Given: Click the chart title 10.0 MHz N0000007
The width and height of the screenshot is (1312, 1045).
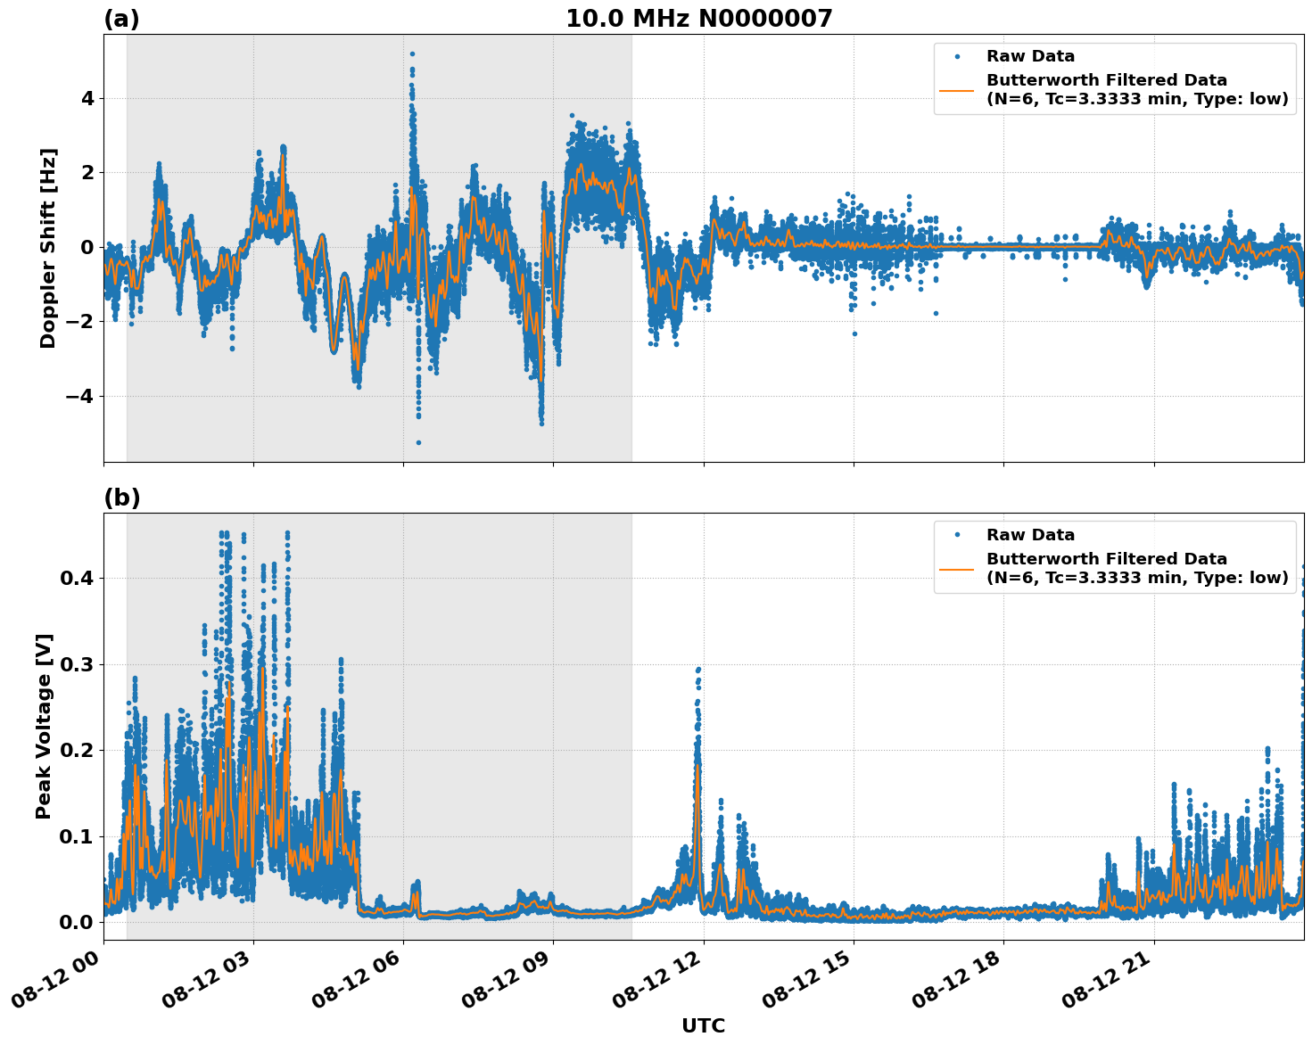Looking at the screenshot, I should coord(698,19).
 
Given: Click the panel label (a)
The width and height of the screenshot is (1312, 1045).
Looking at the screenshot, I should coord(121,19).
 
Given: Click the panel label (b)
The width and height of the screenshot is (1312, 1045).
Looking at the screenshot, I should coord(121,498).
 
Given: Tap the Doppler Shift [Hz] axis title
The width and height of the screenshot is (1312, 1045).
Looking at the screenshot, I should coord(48,248).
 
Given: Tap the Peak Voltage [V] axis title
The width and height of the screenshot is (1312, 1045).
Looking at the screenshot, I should coord(44,726).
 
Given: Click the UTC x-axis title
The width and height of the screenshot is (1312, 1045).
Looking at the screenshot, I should coord(703,1025).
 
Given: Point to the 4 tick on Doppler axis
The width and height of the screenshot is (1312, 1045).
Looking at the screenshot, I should coord(87,98).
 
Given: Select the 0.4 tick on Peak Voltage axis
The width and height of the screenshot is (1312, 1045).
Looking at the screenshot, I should coord(76,578).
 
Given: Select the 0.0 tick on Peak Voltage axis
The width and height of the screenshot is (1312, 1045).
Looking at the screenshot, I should coord(76,922).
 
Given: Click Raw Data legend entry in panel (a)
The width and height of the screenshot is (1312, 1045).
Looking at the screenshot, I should coord(1030,56).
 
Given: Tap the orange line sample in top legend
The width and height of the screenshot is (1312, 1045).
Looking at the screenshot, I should coord(956,89).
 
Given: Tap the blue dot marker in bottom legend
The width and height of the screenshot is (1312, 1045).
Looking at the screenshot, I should coord(956,535).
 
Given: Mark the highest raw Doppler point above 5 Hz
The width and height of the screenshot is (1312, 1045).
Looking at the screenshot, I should coord(412,53).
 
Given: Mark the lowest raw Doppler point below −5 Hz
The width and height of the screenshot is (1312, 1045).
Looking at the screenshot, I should coord(418,442).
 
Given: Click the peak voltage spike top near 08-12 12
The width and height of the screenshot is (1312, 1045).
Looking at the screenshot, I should coord(698,668).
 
